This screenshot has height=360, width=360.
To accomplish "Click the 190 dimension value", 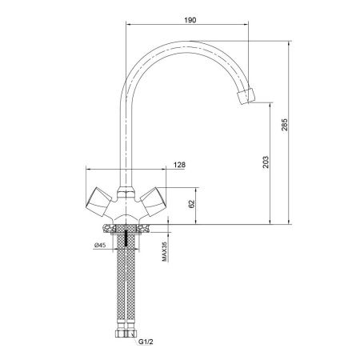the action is coord(190,20).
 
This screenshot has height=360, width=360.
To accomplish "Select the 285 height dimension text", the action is coord(285,125).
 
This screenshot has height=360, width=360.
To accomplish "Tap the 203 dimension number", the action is coord(266,162).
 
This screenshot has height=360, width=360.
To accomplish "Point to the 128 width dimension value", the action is coord(179,165).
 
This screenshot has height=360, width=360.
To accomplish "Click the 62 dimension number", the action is coord(192,204).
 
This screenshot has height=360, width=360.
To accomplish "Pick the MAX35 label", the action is coord(164,251).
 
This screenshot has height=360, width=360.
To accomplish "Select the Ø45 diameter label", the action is coord(100,245).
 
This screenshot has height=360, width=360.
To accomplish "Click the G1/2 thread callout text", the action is coord(146,342).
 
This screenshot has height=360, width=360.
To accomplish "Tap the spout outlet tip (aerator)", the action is coord(246,95).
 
